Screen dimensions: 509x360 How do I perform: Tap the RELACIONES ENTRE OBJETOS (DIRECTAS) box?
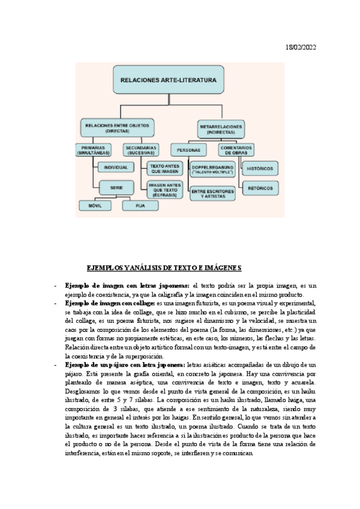(117, 127)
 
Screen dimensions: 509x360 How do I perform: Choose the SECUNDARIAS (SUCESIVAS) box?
(142, 149)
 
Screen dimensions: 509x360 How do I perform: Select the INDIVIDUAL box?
(115, 167)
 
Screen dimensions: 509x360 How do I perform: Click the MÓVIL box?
(94, 205)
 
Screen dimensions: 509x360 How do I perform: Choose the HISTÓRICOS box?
(260, 169)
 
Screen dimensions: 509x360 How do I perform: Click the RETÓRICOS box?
(260, 188)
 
